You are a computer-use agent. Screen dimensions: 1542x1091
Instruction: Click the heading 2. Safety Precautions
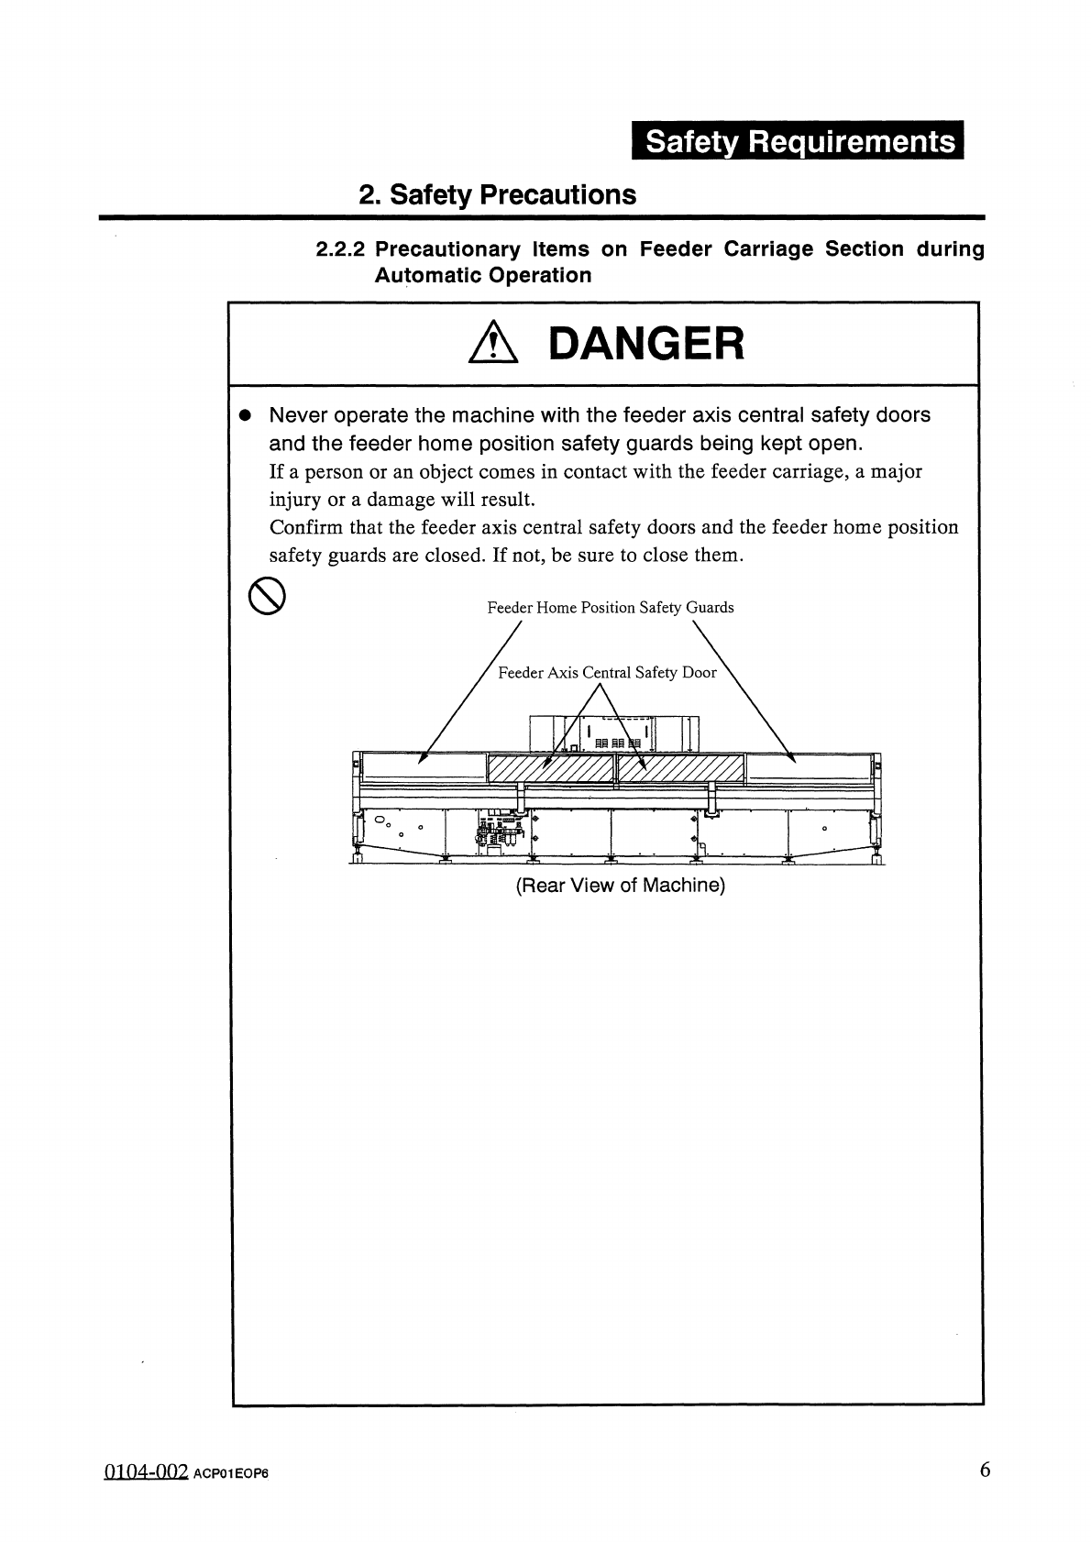[x=497, y=194]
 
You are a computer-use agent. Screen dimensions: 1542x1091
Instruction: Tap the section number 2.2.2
[x=341, y=249]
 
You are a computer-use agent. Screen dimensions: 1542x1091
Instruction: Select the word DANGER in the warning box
[x=645, y=345]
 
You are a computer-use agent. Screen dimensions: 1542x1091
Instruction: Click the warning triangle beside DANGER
[x=493, y=347]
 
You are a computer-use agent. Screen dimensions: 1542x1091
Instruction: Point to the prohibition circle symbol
[x=267, y=598]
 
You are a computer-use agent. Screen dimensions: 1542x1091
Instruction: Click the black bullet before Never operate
[x=245, y=415]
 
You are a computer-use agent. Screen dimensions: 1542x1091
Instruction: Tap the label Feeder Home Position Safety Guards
[x=610, y=607]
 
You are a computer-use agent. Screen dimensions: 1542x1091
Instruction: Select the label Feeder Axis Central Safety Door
[x=607, y=673]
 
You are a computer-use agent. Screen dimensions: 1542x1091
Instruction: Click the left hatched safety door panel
[x=551, y=768]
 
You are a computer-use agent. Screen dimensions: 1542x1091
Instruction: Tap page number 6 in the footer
[x=985, y=1470]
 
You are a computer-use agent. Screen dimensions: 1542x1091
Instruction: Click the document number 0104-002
[x=146, y=1472]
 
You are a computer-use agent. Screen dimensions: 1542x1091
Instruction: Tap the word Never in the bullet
[x=297, y=415]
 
